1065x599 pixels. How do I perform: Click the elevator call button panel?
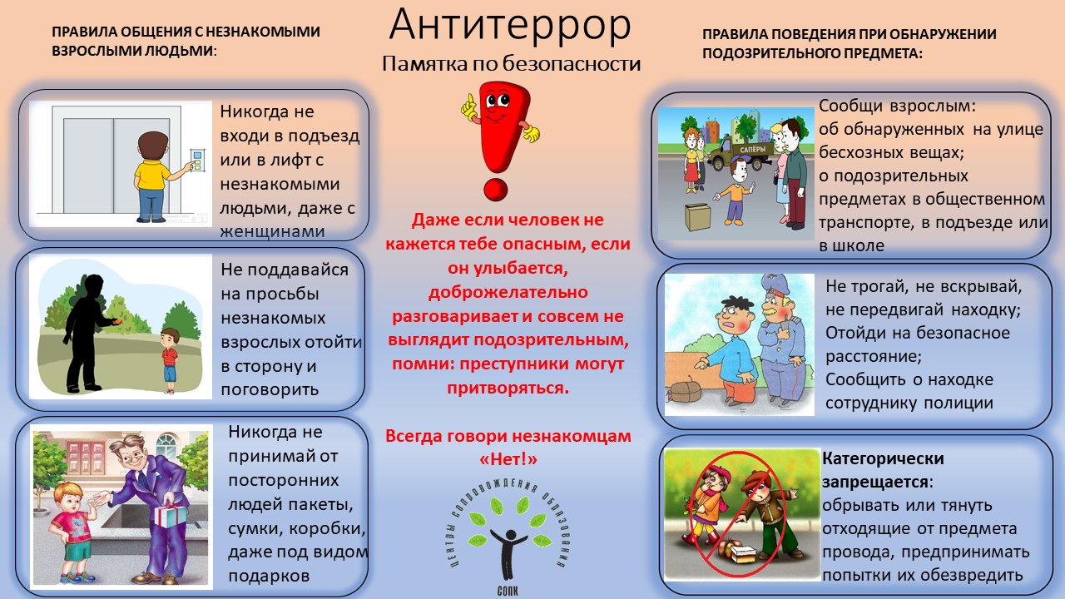coord(198,161)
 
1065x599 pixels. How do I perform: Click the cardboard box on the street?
coord(698,217)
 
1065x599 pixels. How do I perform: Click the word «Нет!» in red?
coord(508,459)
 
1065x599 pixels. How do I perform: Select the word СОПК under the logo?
coord(508,591)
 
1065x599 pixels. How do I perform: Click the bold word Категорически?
coord(883,458)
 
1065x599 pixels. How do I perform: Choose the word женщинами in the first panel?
coord(272,231)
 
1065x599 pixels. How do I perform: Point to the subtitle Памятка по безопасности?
coord(511,64)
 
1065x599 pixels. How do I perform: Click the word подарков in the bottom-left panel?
coord(269,577)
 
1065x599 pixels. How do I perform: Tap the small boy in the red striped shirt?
coord(170,360)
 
